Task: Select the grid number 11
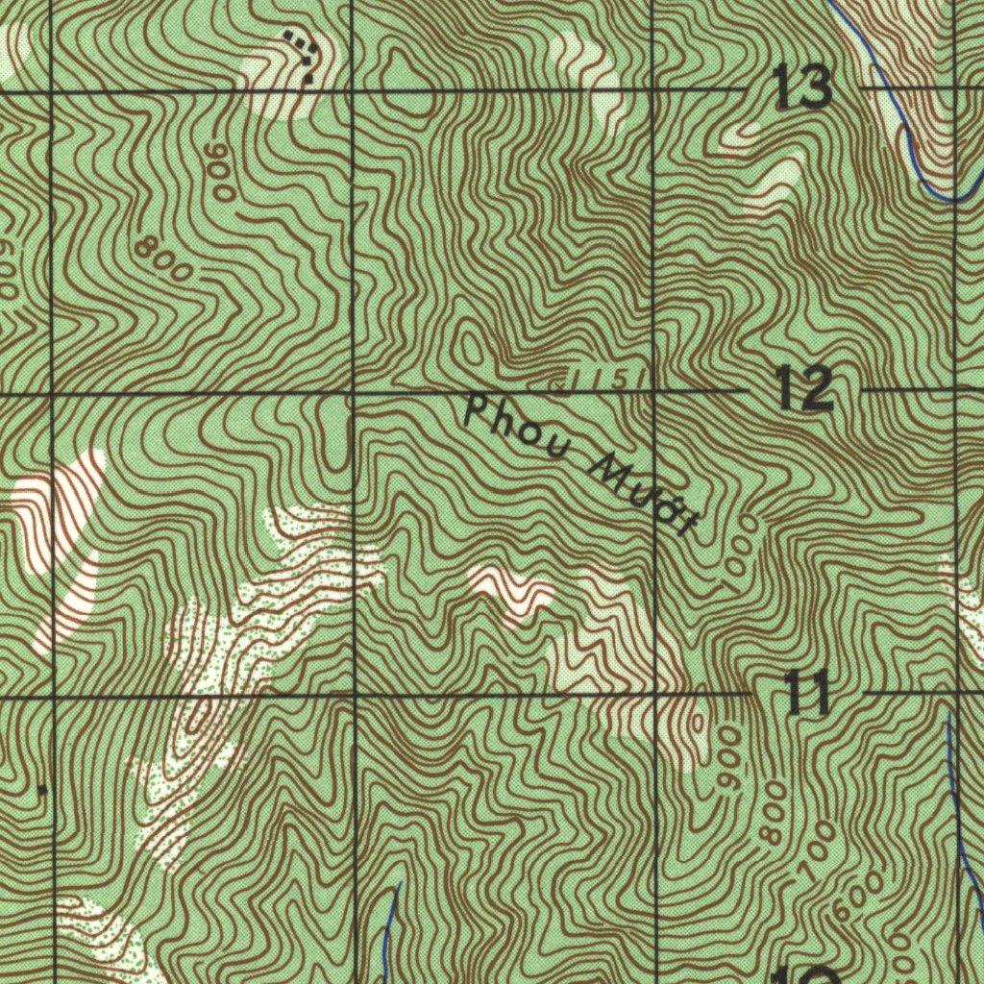click(x=806, y=692)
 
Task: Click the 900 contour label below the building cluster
click(x=220, y=173)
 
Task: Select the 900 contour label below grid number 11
click(x=730, y=759)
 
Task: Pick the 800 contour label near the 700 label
click(x=775, y=812)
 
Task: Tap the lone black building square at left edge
click(x=41, y=790)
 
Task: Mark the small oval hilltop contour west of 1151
click(x=470, y=347)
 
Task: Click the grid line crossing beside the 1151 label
click(x=653, y=392)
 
